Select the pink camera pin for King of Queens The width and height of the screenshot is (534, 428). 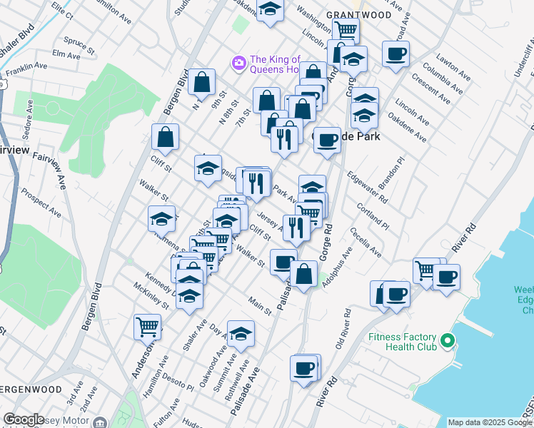pos(238,63)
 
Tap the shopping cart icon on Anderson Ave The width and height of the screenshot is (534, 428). pos(147,327)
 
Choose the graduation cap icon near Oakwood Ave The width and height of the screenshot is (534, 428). pos(241,333)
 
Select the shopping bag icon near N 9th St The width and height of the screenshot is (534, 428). pos(202,82)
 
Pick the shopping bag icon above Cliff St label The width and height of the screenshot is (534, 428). pos(165,139)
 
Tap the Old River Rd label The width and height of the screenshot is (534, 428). pos(342,330)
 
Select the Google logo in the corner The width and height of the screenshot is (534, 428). pos(24,419)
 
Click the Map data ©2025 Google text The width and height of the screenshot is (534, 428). pos(490,422)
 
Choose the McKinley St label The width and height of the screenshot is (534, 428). pos(151,296)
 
